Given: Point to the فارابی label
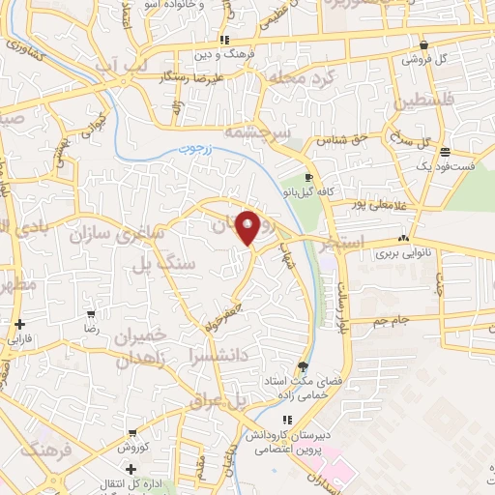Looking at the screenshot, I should pyautogui.click(x=20, y=340).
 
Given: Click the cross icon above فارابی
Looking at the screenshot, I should pyautogui.click(x=20, y=325).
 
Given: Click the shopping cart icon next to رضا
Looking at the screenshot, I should pyautogui.click(x=91, y=314).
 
